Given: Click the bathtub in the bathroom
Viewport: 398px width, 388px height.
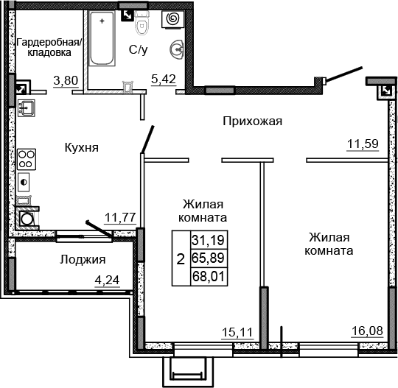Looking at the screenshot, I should (104, 38).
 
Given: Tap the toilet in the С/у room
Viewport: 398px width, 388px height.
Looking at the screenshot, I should (143, 24).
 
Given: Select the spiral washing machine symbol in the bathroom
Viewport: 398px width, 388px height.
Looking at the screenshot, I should (176, 17).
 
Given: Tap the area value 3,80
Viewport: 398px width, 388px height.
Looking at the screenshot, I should (66, 81).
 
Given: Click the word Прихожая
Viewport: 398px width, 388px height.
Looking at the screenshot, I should (253, 121).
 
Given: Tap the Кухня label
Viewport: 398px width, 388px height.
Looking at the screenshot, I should (82, 147).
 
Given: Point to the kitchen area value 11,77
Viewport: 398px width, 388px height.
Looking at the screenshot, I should (119, 216).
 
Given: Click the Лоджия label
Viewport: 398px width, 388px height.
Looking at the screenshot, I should (83, 259).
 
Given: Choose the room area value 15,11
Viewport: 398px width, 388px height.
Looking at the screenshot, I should (237, 332).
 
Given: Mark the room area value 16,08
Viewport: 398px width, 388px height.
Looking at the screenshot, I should (366, 332).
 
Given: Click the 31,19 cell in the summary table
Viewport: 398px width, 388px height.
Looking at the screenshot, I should (209, 239).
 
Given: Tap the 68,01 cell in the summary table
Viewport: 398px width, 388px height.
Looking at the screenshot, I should (209, 277).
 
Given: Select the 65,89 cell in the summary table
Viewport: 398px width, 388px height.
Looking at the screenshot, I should (209, 258).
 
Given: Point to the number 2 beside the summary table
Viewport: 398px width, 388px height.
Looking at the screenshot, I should (181, 258).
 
